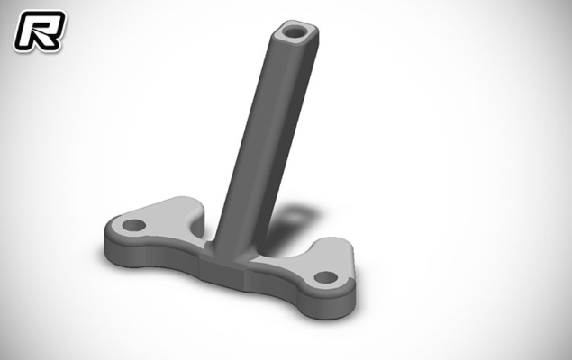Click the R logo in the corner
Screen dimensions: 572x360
tap(40, 31)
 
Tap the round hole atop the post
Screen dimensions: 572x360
tap(295, 32)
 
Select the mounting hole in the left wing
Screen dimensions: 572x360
tap(133, 225)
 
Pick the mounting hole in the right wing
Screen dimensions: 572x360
tap(326, 277)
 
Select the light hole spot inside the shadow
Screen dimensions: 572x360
tap(296, 215)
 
